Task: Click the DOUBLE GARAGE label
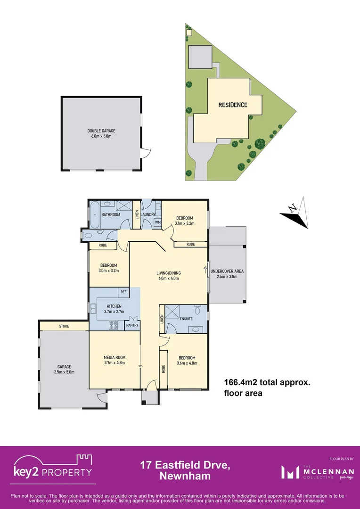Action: tap(101, 131)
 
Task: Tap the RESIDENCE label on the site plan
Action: tap(232, 105)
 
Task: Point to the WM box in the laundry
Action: tap(157, 222)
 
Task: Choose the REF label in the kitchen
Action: tap(123, 292)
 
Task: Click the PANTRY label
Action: tap(131, 325)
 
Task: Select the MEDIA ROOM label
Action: tap(114, 357)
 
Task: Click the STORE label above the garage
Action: tap(64, 326)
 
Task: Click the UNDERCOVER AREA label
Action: tap(227, 271)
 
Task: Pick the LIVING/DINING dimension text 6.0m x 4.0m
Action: tap(169, 278)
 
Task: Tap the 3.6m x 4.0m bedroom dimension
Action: tap(187, 363)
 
